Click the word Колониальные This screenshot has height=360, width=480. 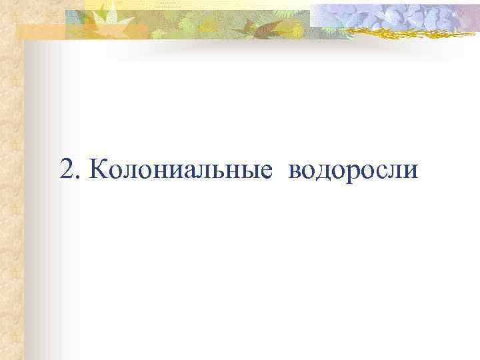tap(181, 171)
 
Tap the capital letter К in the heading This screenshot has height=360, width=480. tap(97, 171)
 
